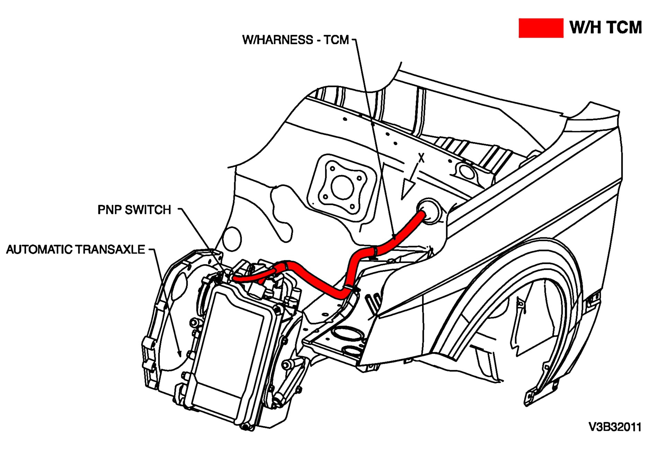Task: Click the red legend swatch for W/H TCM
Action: click(540, 28)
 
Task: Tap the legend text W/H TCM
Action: click(605, 27)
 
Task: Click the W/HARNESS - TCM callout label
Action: click(295, 40)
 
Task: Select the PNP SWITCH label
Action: click(134, 210)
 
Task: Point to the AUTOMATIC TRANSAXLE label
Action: click(76, 249)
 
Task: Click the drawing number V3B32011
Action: click(615, 427)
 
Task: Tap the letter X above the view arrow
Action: click(421, 158)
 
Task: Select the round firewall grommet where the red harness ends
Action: click(429, 210)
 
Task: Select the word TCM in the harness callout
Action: click(336, 40)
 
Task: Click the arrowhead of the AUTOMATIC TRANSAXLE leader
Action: click(179, 354)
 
